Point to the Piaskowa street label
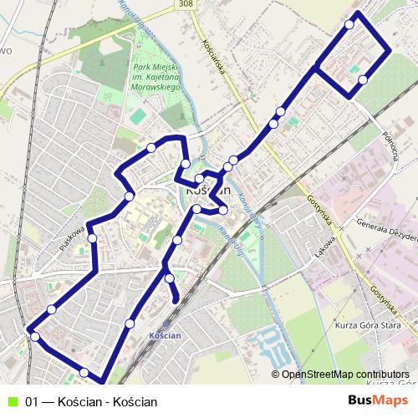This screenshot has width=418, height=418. click(74, 239)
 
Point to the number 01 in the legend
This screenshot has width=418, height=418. click(32, 401)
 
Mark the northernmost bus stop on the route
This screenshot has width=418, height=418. click(349, 24)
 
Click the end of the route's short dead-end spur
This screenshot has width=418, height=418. click(176, 299)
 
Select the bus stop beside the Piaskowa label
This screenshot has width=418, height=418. click(92, 238)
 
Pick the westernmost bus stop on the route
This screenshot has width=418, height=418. click(34, 336)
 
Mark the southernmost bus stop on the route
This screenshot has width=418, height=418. click(84, 372)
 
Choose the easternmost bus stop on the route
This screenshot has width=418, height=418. click(362, 80)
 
